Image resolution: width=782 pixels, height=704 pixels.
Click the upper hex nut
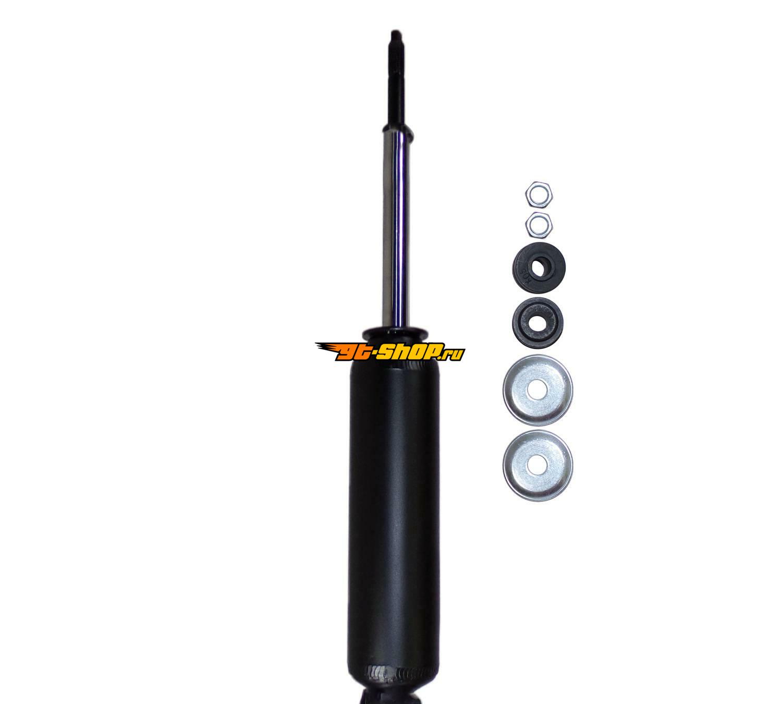point(539,193)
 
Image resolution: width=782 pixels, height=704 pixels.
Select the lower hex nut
point(539,225)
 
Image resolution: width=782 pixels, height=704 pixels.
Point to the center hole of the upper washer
point(537,390)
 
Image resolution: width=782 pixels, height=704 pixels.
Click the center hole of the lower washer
point(537,465)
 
